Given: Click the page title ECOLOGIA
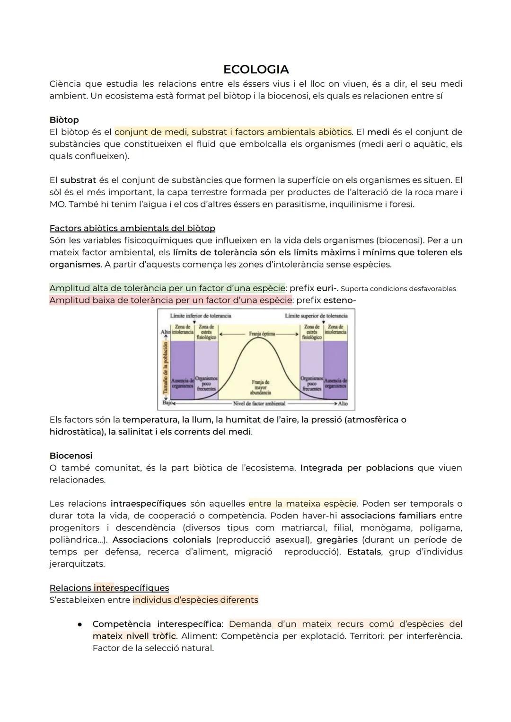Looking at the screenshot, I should point(255,70).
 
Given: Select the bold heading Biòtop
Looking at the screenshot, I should point(64,120).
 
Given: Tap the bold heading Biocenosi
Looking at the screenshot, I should point(71,455).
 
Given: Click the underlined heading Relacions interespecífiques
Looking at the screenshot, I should point(109,588).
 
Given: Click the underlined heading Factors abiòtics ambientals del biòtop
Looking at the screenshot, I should point(132,228).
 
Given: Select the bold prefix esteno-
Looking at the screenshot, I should point(339,300).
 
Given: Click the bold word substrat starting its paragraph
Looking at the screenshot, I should point(78,180).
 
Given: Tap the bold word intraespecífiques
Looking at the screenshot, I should point(148,503).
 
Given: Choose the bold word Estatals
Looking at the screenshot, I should point(364,552).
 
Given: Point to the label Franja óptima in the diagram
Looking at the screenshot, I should point(262,334).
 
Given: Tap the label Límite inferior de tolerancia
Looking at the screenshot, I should point(201,316).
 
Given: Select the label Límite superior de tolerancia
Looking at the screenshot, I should point(316,316).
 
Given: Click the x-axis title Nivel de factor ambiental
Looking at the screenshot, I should point(259,404).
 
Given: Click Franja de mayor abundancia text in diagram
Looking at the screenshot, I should point(260,387).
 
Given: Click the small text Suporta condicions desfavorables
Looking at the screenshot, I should point(398,289).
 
